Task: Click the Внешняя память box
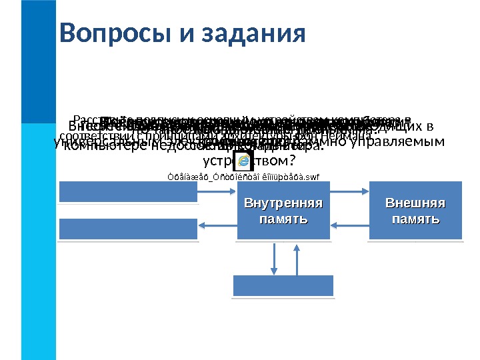coord(415,210)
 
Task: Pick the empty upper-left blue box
coord(128,191)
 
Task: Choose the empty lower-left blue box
coord(128,228)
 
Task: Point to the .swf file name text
coord(243,176)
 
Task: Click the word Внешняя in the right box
coord(415,203)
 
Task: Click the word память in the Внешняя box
coord(415,219)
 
